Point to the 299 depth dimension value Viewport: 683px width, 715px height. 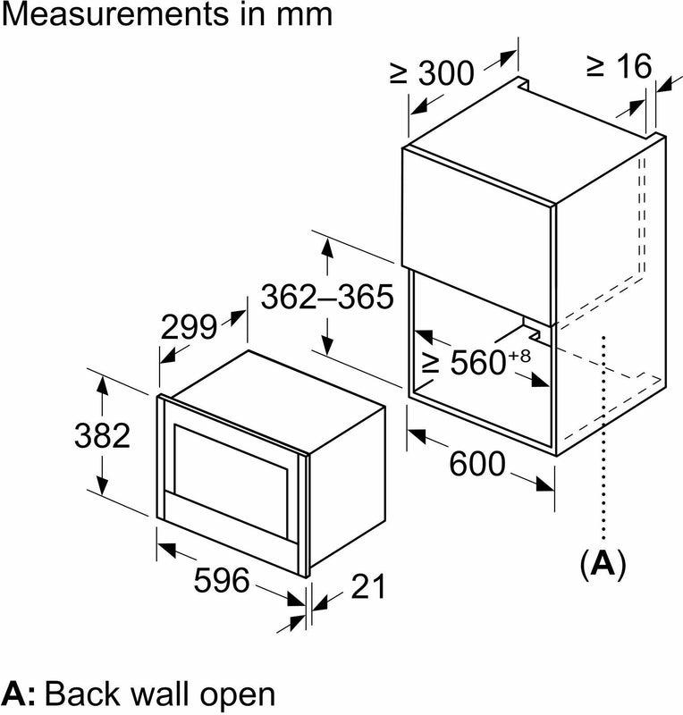tap(189, 328)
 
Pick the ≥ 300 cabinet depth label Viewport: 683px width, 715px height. tap(432, 72)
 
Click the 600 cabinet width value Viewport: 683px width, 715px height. tap(477, 465)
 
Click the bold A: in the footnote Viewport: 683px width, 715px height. tap(20, 694)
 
